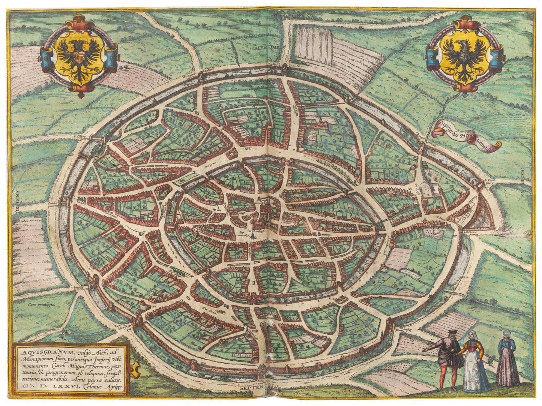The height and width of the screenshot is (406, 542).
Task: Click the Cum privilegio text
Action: click(x=42, y=305)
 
